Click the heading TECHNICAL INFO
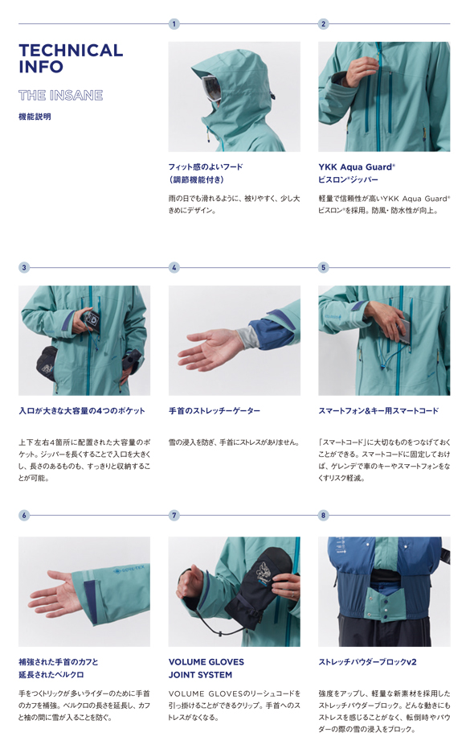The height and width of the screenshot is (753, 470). click(x=71, y=58)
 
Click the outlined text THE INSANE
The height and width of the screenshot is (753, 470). click(x=60, y=96)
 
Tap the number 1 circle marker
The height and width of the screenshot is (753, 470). click(x=174, y=23)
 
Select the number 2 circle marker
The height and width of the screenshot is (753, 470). click(x=323, y=23)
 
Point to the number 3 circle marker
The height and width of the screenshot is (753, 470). click(x=24, y=267)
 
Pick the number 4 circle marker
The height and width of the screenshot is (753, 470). click(x=174, y=267)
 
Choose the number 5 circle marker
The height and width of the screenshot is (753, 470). click(x=323, y=267)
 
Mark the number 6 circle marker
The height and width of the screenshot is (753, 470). click(x=24, y=515)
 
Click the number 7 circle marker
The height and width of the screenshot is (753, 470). click(x=174, y=515)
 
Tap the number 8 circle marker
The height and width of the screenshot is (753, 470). click(x=323, y=515)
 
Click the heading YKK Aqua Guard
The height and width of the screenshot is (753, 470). click(x=357, y=167)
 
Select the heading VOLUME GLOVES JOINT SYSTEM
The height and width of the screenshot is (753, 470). click(x=206, y=669)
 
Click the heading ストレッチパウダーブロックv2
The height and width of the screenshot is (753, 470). click(x=367, y=662)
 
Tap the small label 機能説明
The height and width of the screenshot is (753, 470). click(x=35, y=117)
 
